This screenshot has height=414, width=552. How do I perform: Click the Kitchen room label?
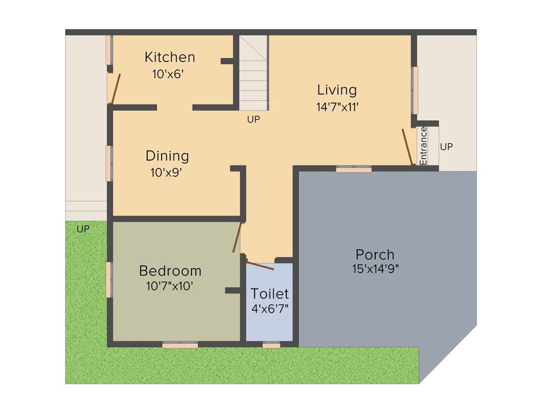click(170, 57)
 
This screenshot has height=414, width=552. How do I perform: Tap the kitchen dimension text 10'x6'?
click(168, 75)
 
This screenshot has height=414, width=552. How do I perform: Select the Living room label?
click(337, 89)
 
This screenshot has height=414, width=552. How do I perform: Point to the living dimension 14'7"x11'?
click(337, 107)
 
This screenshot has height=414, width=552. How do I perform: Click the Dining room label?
click(167, 156)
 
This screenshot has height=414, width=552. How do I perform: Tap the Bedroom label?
click(170, 271)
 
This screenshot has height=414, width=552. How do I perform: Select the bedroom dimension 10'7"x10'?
click(169, 286)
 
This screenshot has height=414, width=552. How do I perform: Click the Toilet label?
click(270, 294)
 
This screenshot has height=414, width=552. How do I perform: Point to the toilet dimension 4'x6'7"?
click(270, 309)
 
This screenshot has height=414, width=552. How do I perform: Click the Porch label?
click(375, 254)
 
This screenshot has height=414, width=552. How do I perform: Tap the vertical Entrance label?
click(423, 146)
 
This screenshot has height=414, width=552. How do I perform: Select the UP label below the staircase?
click(253, 120)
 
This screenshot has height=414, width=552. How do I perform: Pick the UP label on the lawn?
click(82, 229)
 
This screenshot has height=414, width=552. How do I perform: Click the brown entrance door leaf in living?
click(408, 147)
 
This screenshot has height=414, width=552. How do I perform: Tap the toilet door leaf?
click(260, 265)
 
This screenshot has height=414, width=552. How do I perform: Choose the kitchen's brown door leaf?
click(115, 89)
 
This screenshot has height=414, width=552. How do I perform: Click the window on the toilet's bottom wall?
click(271, 345)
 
